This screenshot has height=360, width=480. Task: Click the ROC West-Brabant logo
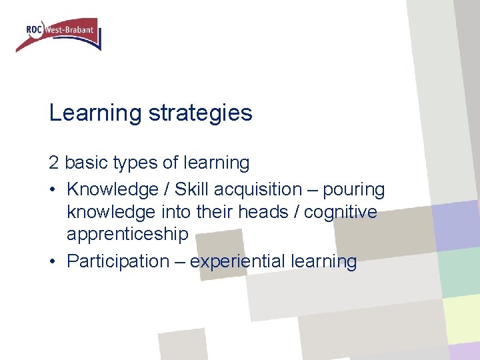[x=58, y=34]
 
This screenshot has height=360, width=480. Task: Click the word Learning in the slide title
[x=95, y=113]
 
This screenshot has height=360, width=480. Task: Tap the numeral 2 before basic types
[x=54, y=163]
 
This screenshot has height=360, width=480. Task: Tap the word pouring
[x=354, y=190]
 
